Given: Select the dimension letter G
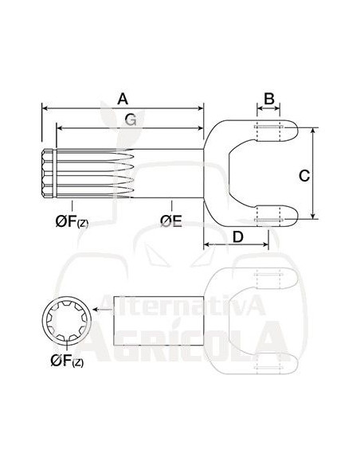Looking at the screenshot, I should [130, 119].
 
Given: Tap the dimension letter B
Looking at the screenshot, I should [269, 98].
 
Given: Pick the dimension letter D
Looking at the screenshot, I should [237, 236].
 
